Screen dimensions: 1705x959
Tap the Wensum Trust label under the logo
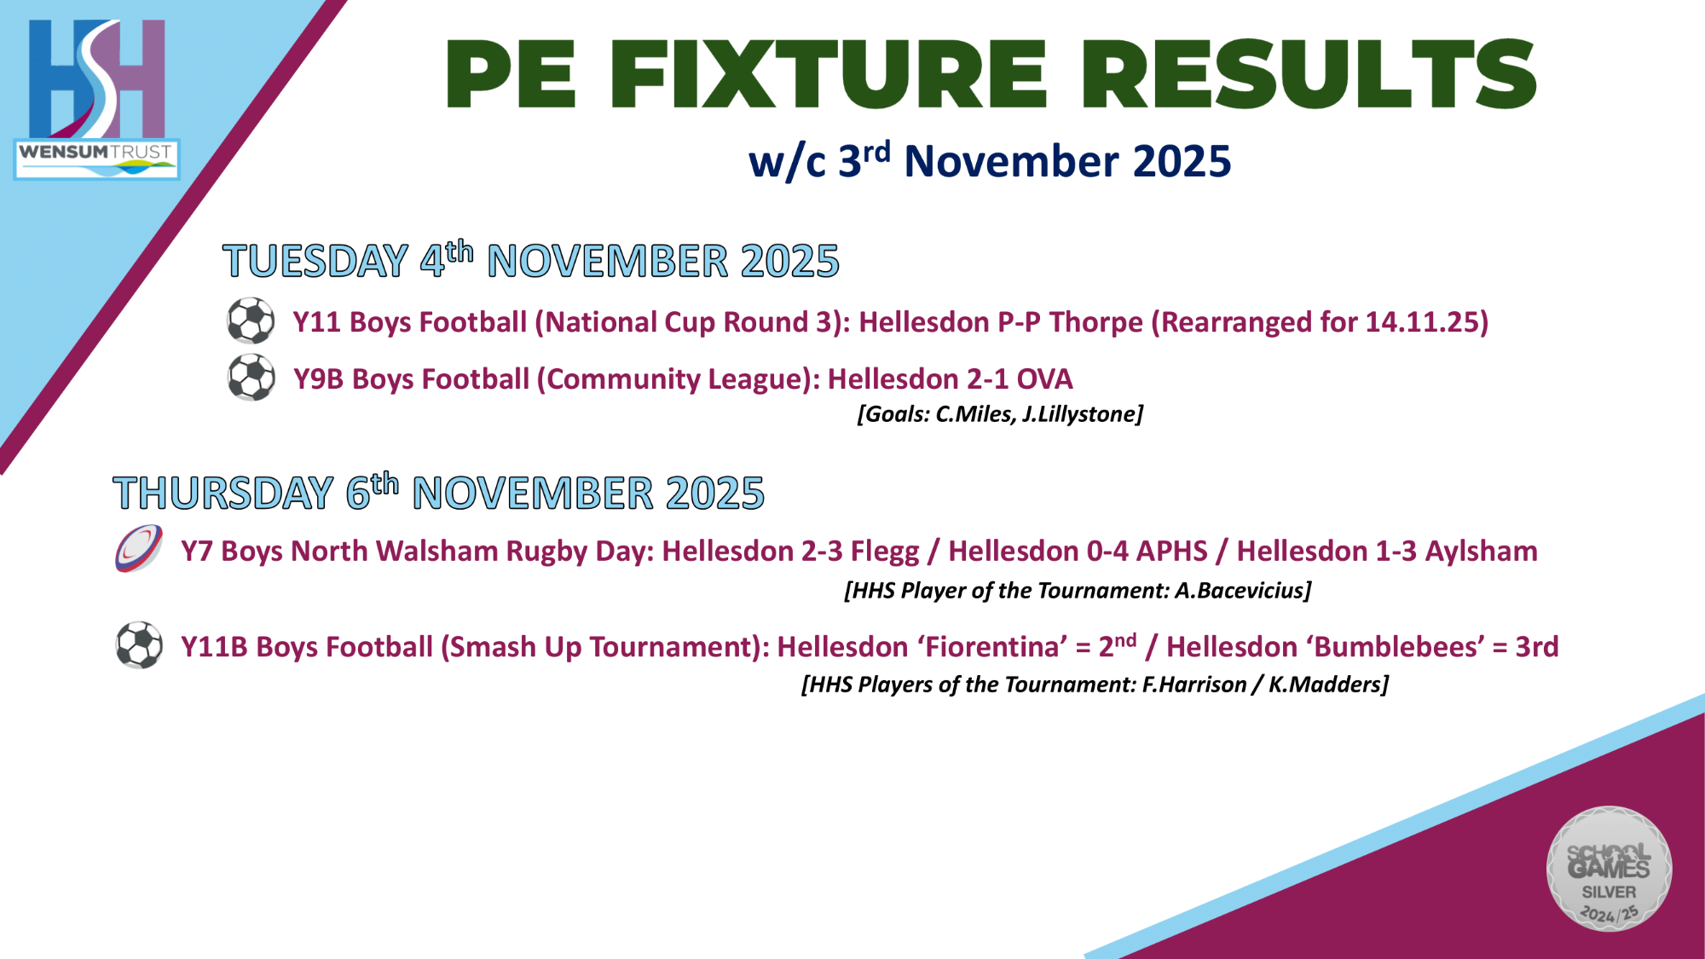[x=96, y=159]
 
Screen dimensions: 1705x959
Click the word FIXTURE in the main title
[x=828, y=74]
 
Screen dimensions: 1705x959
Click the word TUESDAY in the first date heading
[x=315, y=261]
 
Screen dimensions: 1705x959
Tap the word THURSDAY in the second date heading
[x=223, y=494]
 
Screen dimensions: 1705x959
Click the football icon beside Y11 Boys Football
[x=251, y=321]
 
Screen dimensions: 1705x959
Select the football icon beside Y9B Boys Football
[x=251, y=378]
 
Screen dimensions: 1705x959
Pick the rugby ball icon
[x=139, y=549]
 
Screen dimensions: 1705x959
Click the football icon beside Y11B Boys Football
[x=139, y=645]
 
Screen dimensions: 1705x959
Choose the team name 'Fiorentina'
[x=992, y=647]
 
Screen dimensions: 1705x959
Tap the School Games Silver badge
[x=1609, y=869]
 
